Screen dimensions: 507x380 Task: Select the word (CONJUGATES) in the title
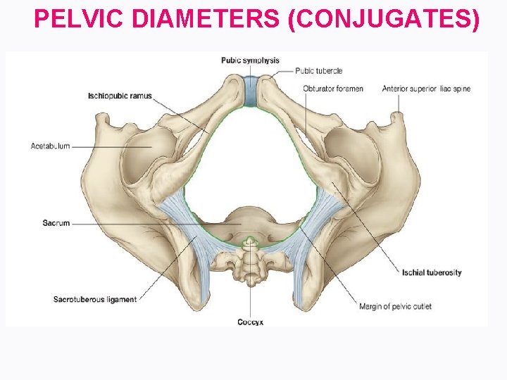(384, 20)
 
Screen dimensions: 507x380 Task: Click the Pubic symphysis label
(251, 61)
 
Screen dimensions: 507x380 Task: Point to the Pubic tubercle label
(319, 70)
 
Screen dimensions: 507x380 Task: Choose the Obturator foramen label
(333, 89)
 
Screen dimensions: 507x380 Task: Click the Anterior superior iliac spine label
(426, 89)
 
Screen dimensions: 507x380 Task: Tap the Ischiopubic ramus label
(120, 96)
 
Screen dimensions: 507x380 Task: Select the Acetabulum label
(50, 146)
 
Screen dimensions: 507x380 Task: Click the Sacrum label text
(57, 223)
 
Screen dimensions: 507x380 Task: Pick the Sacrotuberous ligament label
(95, 300)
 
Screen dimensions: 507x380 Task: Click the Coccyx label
(250, 322)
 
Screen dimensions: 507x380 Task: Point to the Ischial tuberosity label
(432, 272)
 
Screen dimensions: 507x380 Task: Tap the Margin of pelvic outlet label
(395, 306)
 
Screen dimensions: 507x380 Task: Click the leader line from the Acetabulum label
(113, 146)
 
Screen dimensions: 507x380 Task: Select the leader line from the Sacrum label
(155, 224)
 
